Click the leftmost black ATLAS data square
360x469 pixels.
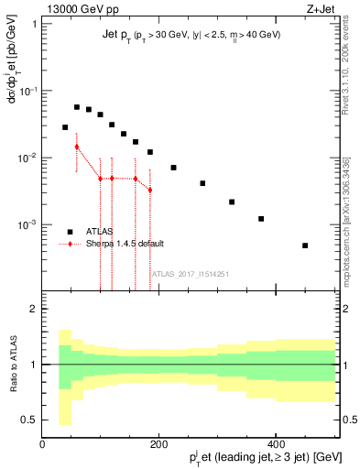point(65,127)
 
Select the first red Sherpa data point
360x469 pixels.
point(77,147)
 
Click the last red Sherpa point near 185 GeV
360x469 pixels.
point(150,190)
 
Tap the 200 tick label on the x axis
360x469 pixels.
point(158,444)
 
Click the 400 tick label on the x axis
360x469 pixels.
point(276,444)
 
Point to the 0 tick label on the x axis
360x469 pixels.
point(42,444)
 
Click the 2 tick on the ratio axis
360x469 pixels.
point(33,309)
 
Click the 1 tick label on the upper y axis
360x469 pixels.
point(33,24)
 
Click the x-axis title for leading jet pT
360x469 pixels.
point(254,458)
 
